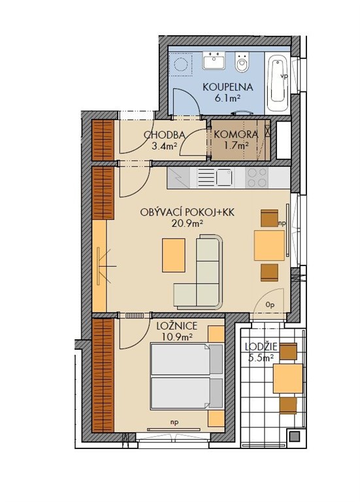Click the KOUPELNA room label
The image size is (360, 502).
[x=228, y=88]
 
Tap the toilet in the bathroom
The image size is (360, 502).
[x=242, y=62]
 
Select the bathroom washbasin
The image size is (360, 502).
[x=214, y=60]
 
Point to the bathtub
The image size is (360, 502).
[x=278, y=84]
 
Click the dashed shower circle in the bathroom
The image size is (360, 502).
[x=182, y=65]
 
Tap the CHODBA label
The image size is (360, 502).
[x=165, y=135]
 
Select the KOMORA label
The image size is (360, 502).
[x=235, y=135]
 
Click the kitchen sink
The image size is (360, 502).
[x=214, y=178]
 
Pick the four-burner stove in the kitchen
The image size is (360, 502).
[x=257, y=178]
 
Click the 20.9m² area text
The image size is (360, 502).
[x=188, y=223]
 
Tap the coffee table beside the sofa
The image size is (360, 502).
[x=174, y=255]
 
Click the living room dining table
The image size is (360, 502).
[x=269, y=245]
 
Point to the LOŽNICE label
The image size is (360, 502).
[x=177, y=326]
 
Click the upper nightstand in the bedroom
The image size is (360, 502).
[x=216, y=334]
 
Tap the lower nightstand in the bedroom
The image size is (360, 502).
[x=216, y=418]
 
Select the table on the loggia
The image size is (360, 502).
[x=287, y=378]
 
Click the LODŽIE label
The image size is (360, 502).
[x=261, y=347]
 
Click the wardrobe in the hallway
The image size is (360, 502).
[x=103, y=141]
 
